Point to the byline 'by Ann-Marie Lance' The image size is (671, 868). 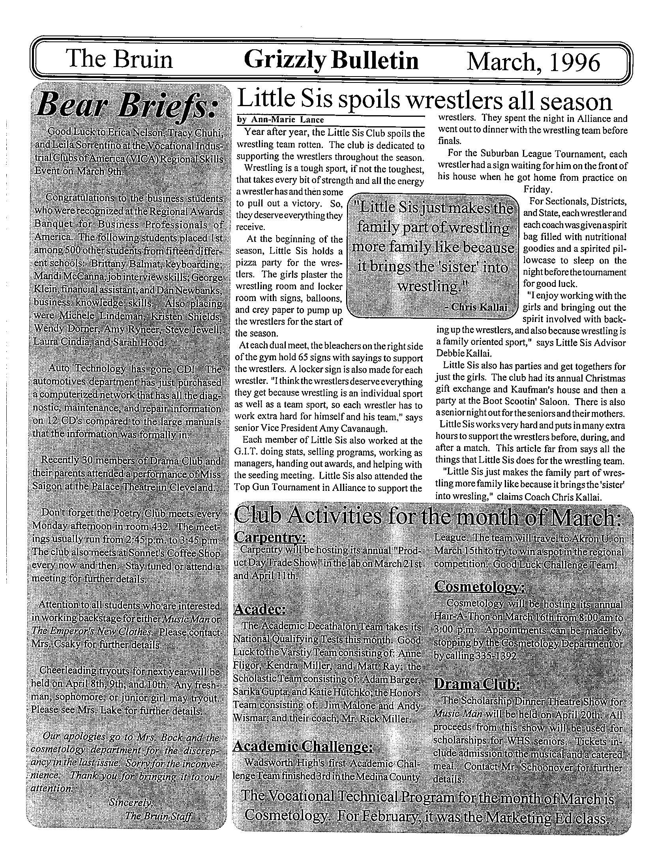280,120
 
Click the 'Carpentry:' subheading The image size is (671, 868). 270,537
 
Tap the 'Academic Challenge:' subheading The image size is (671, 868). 302,746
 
